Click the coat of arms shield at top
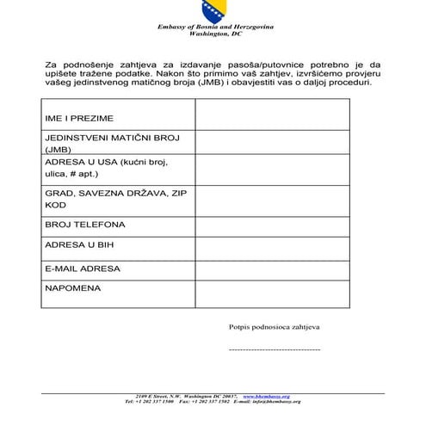[x=212, y=11]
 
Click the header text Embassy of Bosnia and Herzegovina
[x=212, y=28]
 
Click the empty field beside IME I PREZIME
[x=272, y=115]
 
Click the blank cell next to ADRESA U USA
[x=272, y=170]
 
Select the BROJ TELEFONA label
[x=84, y=225]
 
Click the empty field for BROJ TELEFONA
[x=272, y=225]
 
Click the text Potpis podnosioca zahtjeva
[x=274, y=328]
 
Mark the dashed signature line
[x=274, y=350]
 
